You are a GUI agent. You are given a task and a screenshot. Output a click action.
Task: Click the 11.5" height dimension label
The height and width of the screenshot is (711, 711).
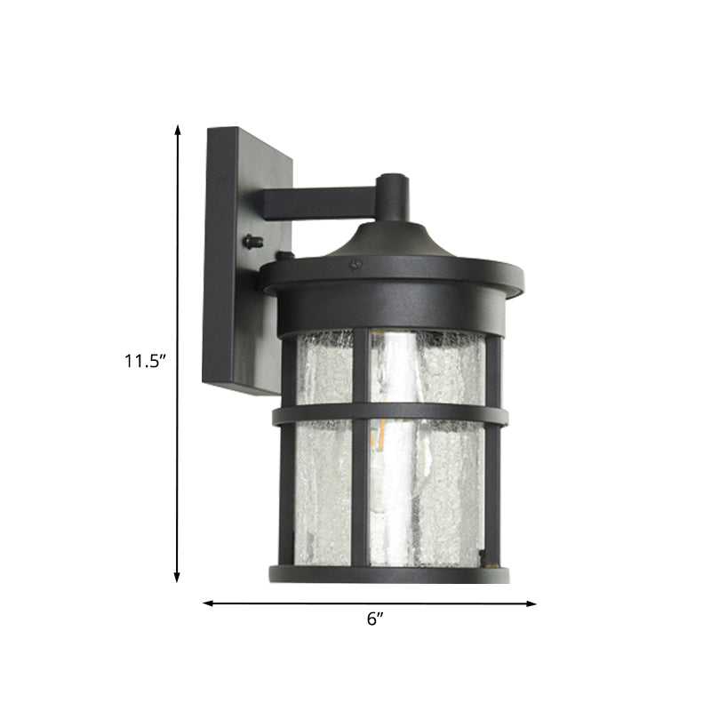(144, 361)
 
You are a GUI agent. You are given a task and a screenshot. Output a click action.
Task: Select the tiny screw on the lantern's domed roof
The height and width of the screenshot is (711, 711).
(355, 264)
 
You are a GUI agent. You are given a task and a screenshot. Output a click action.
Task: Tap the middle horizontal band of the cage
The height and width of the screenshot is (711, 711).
(391, 414)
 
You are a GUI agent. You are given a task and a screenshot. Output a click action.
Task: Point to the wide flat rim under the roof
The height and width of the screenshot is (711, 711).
(391, 276)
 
